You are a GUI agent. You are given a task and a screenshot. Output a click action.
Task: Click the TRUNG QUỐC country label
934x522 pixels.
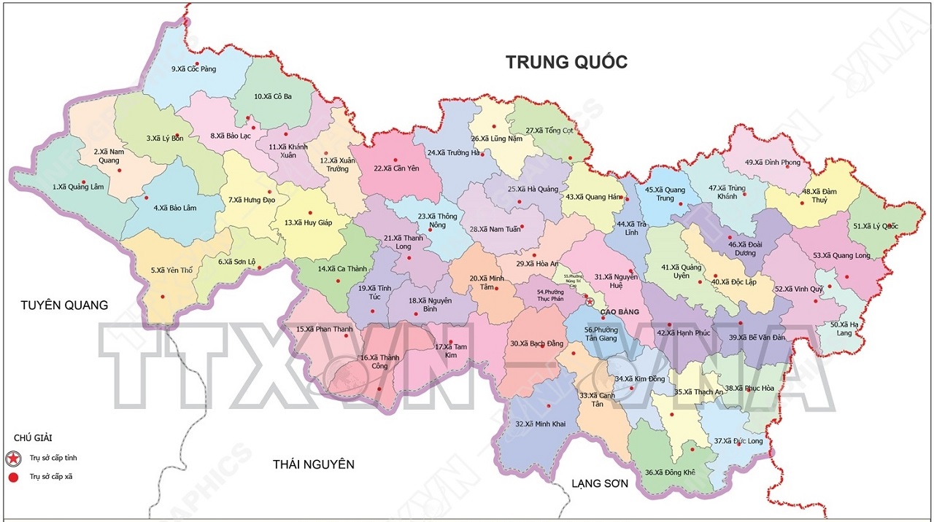pos(566,62)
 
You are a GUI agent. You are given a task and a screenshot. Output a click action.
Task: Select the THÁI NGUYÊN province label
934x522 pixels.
pos(313,464)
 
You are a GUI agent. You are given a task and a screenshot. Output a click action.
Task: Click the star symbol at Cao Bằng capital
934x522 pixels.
pos(590,300)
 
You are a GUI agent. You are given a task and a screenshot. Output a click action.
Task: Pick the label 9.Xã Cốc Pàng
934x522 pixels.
pos(193,69)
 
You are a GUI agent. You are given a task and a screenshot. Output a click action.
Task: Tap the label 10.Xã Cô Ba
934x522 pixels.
pos(273,96)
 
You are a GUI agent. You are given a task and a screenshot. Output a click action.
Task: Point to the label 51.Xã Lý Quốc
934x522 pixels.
pos(876,226)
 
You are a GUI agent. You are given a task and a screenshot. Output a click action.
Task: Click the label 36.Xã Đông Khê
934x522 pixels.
pos(670,472)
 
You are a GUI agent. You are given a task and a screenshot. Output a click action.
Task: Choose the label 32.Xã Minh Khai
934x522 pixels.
pos(540,424)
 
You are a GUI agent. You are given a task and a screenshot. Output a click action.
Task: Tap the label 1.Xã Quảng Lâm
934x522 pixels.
pos(77,187)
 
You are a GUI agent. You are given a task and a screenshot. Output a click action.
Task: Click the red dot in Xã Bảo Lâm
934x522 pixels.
pos(146,198)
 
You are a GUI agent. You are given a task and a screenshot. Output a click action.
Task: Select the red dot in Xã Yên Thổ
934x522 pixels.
pos(163,296)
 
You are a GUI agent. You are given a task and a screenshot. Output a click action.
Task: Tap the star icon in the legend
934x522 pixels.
pos(13,459)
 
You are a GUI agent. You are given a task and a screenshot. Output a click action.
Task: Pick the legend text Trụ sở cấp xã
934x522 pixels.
pos(51,477)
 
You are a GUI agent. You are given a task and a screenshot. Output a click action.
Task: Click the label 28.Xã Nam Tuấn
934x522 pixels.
pos(495,229)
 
